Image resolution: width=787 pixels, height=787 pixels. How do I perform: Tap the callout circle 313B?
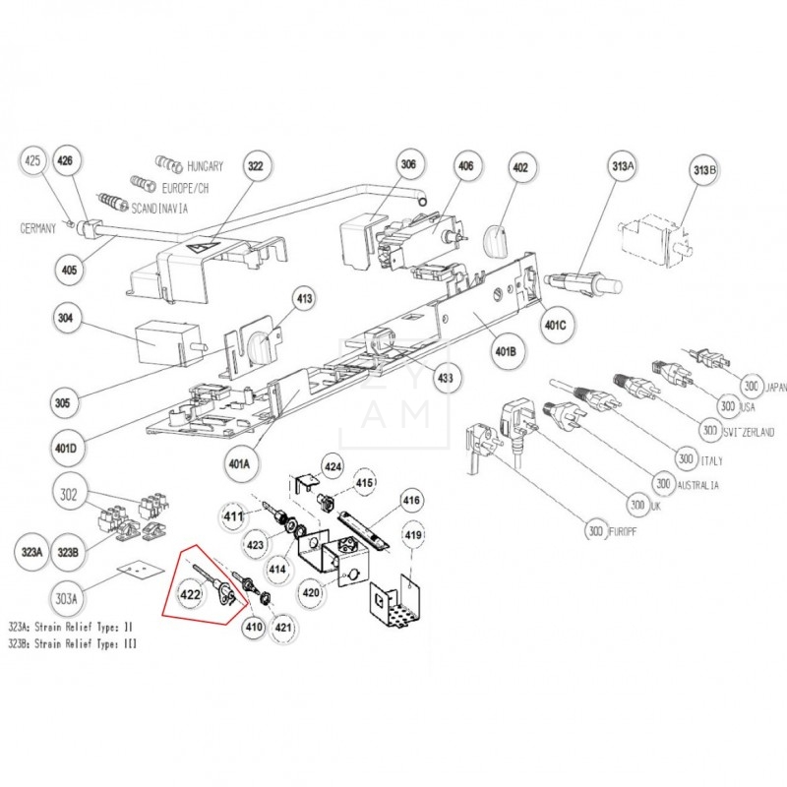pyautogui.click(x=705, y=173)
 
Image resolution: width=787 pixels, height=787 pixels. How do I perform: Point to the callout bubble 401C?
pyautogui.click(x=554, y=325)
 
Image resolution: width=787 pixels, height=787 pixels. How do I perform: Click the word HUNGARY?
pyautogui.click(x=205, y=166)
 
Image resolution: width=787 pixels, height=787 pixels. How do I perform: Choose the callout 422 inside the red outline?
pyautogui.click(x=190, y=593)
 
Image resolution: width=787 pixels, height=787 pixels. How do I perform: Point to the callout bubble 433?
pyautogui.click(x=446, y=377)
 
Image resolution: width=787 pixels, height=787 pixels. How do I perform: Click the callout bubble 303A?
pyautogui.click(x=68, y=596)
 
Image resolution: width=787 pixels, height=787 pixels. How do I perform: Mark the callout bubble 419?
pyautogui.click(x=414, y=536)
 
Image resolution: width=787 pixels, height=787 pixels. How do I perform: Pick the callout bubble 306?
pyautogui.click(x=407, y=167)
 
